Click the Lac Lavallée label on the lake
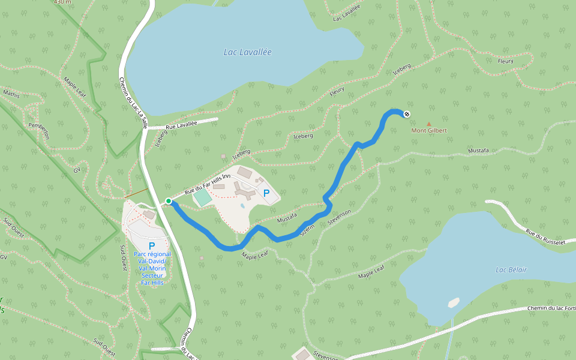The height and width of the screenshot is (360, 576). [x=247, y=52]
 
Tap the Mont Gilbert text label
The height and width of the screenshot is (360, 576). [x=428, y=130]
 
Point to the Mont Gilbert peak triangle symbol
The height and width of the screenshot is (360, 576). [x=428, y=124]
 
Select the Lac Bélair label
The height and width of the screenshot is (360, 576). [x=511, y=270]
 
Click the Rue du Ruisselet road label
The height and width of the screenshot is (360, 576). [x=545, y=237]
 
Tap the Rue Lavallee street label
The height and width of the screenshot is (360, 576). [x=181, y=124]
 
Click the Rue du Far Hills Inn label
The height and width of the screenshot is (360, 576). [x=207, y=184]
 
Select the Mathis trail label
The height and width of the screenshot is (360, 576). [x=11, y=94]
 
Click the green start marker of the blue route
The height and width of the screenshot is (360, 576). [x=169, y=201]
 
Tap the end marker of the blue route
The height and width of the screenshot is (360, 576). [x=407, y=113]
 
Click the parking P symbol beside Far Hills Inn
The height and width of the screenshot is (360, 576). [x=266, y=193]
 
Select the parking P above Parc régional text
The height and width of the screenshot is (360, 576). [x=152, y=245]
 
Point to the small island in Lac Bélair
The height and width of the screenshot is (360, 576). [x=454, y=302]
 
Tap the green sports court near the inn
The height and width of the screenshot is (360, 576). [x=203, y=197]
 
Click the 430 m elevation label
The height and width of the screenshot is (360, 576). [x=62, y=2]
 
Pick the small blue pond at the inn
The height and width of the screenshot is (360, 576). [x=242, y=206]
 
